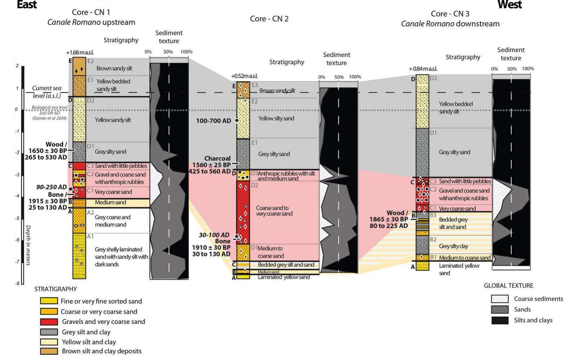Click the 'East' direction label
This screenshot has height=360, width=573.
[x=27, y=5]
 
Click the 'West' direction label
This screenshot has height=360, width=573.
[x=509, y=5]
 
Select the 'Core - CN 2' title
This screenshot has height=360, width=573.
[x=269, y=19]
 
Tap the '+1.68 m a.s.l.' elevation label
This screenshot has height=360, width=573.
[x=80, y=52]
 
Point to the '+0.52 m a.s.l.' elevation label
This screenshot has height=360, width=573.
[x=244, y=76]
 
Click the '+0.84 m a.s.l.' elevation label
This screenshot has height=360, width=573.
[x=423, y=69]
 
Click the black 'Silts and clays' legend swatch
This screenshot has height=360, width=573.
[x=500, y=320]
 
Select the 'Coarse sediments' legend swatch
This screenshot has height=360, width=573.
[x=500, y=299]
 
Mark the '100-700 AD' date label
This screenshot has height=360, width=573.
[x=214, y=121]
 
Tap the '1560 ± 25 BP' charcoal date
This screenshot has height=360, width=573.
[x=211, y=165]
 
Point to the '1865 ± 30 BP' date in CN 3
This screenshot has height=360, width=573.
[x=389, y=219]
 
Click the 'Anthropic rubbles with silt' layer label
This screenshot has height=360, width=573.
[x=286, y=173]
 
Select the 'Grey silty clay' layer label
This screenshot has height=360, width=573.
[x=453, y=246]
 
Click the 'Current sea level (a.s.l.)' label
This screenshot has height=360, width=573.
[x=47, y=92]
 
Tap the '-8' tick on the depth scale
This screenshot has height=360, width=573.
[x=17, y=284]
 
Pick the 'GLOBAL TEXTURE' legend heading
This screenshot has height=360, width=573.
[x=508, y=286]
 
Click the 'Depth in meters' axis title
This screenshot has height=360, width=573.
[x=28, y=245]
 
